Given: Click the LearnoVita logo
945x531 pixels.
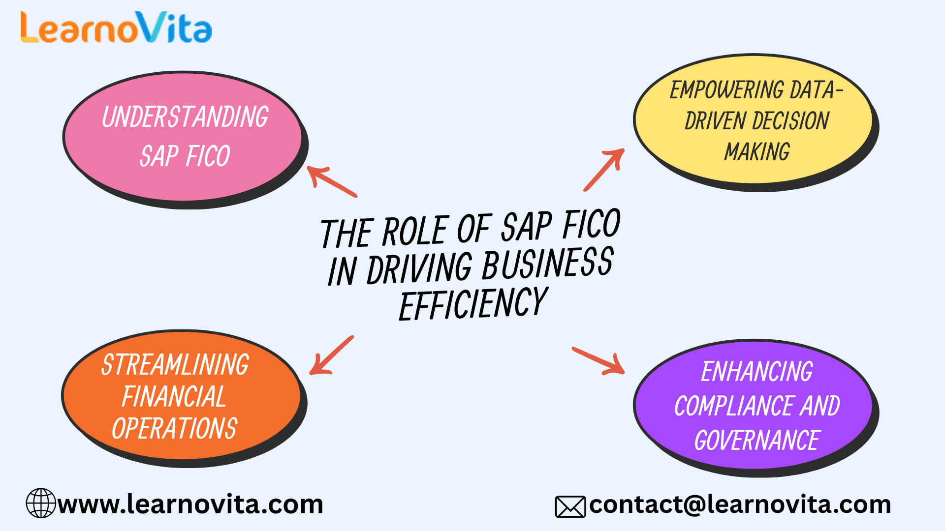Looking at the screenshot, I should click(116, 28).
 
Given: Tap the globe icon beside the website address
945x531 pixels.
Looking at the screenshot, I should click(41, 503).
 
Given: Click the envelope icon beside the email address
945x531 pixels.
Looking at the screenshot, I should click(570, 507).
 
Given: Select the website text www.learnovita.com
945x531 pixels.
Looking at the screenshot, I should click(190, 504).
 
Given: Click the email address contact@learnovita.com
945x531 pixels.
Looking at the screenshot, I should click(740, 504).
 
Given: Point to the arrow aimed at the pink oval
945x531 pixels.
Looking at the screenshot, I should click(331, 180).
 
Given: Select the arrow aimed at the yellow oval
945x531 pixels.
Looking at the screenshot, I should click(604, 169).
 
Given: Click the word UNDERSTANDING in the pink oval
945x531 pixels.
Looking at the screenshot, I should click(185, 117).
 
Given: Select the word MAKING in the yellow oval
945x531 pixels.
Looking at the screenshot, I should click(757, 151).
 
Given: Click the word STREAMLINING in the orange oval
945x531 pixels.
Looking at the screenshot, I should click(175, 365).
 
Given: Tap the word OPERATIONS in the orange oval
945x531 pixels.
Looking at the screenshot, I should click(175, 428).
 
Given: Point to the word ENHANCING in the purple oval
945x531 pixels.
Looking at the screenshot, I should click(757, 372).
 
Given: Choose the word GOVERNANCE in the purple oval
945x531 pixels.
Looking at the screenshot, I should click(757, 440).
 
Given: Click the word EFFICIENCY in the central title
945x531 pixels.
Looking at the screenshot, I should click(473, 304).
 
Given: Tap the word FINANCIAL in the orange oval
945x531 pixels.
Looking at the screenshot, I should click(174, 397).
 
